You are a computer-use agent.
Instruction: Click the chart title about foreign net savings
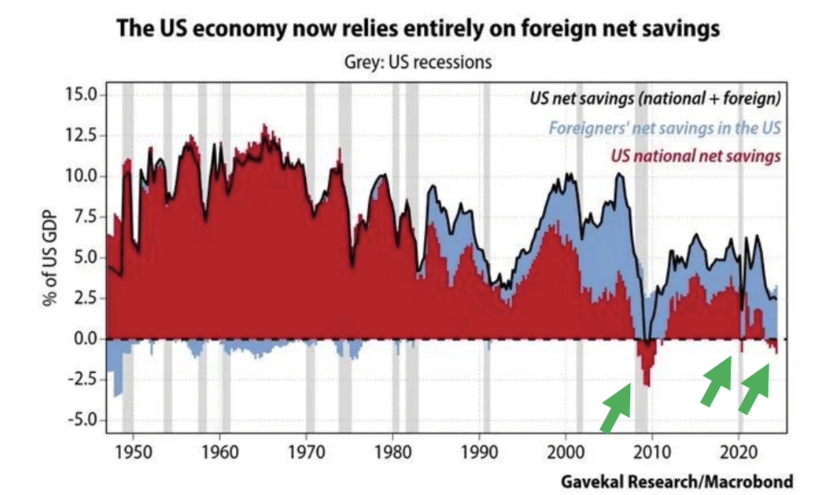point(418,28)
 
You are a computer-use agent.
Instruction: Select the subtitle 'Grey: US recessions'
point(418,62)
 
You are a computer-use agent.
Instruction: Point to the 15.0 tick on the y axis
point(80,94)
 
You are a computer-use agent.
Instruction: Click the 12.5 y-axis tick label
point(80,135)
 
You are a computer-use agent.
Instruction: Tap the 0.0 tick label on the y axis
point(85,338)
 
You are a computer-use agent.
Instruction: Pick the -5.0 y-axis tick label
point(81,419)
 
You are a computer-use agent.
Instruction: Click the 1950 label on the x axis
point(133,452)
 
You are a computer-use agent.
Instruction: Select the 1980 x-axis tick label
point(393,452)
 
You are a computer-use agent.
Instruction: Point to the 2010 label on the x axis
point(652,452)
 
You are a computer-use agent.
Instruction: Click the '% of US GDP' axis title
point(49,258)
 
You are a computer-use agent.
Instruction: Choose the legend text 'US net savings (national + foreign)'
point(655,98)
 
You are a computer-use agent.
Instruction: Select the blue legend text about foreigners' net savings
point(664,128)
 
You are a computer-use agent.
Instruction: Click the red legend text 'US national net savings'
point(695,156)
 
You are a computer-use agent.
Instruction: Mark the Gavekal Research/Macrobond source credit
point(677,482)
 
